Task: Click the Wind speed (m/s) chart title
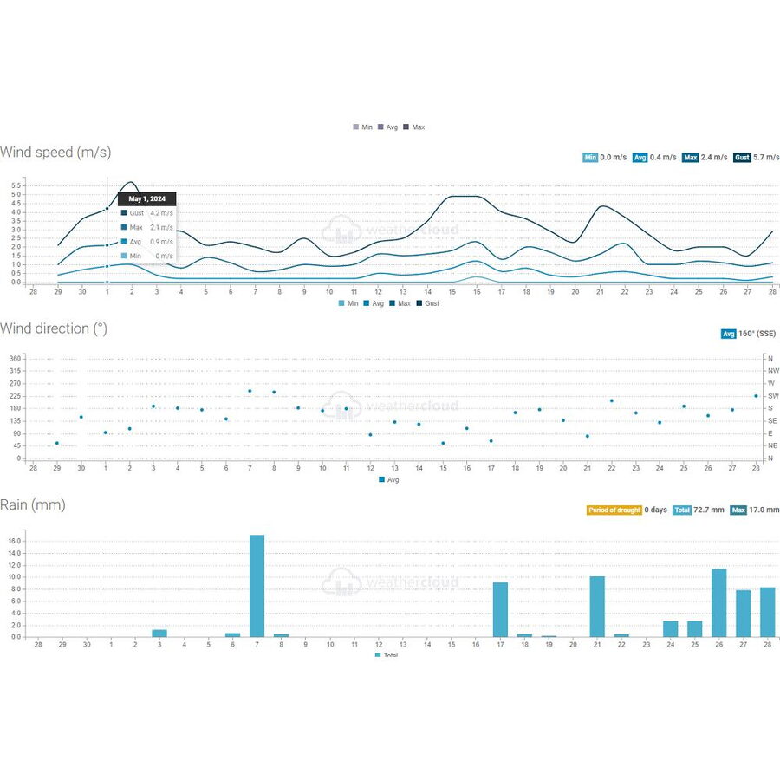55,153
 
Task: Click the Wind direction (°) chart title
56,328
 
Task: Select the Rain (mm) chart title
33,504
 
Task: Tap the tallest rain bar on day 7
257,586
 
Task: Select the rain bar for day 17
500,609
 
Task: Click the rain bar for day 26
718,602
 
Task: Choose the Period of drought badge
614,510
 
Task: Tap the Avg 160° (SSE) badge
750,334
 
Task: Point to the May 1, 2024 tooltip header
146,199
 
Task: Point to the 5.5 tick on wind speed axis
16,185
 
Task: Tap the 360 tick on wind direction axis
15,358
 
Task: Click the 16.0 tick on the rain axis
15,541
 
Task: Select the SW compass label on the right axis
772,396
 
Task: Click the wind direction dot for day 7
250,391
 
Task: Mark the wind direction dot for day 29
57,443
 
